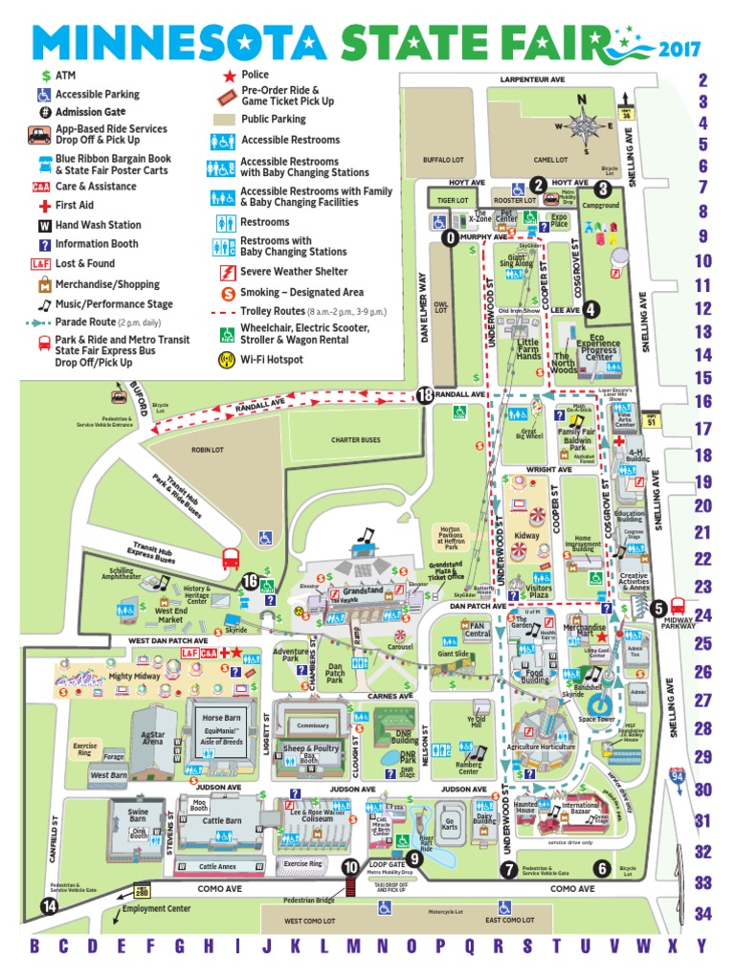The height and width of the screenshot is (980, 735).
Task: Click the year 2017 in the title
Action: (x=680, y=49)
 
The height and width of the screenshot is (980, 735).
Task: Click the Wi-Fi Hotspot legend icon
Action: (x=227, y=360)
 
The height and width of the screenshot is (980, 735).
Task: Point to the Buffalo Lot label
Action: (x=443, y=160)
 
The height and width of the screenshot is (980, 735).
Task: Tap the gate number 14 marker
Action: (x=48, y=905)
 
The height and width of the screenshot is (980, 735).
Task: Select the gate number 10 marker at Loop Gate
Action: (x=350, y=867)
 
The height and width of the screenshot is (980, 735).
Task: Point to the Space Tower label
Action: (x=595, y=718)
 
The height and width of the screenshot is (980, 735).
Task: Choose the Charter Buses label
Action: (x=356, y=440)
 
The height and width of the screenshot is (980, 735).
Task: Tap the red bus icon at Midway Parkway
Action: (x=679, y=605)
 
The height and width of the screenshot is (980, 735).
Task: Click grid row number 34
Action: (x=703, y=914)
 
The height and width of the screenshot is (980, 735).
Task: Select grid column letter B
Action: (x=35, y=947)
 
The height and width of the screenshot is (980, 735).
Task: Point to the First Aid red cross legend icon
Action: (x=44, y=206)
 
